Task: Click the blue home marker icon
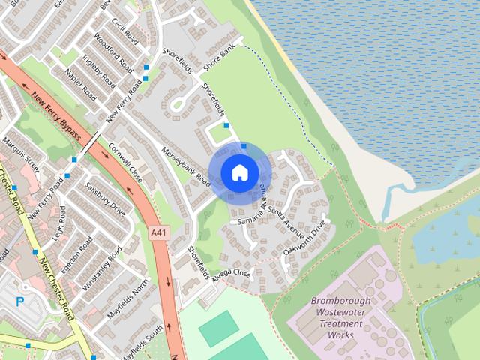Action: point(239,172)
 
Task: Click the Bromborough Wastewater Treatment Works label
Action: point(340,318)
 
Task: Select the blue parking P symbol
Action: point(20,301)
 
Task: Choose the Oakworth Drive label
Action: point(306,238)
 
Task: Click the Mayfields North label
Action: point(129,298)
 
